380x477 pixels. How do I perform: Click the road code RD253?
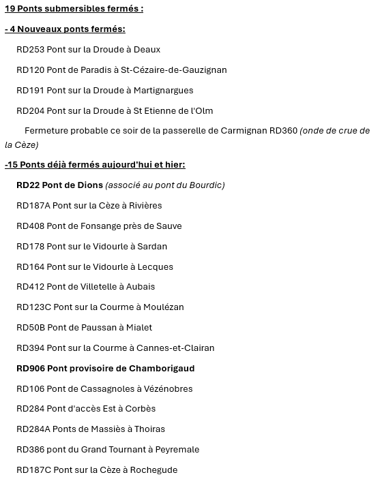tap(30, 50)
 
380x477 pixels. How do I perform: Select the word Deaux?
tap(147, 50)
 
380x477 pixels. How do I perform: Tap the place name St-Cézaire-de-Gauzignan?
tap(173, 70)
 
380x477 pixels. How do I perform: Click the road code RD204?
tap(30, 111)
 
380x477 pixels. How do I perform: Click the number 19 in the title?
tap(10, 9)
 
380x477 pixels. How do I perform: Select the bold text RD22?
tap(28, 185)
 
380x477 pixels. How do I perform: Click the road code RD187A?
tap(33, 206)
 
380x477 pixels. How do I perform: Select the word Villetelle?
tap(93, 287)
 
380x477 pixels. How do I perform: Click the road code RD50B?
tap(31, 328)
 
